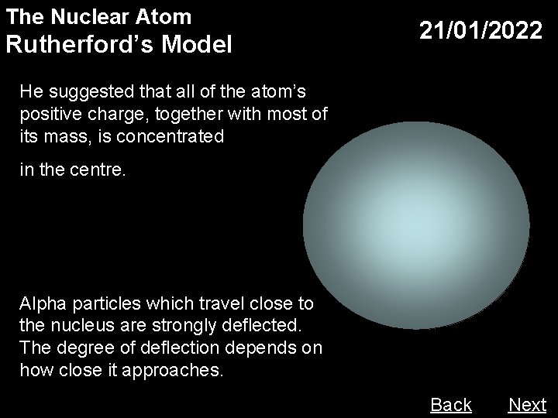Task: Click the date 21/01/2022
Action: tap(480, 31)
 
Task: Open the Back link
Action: tap(450, 405)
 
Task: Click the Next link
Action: tap(527, 405)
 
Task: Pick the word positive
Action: tap(49, 115)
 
